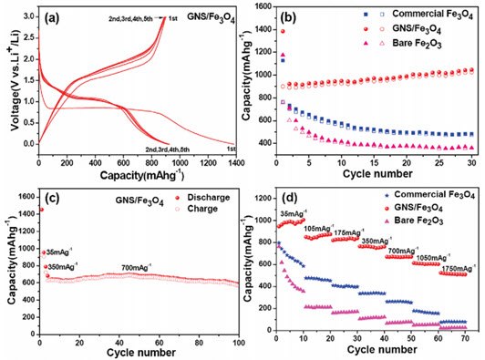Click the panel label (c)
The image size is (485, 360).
[52, 197]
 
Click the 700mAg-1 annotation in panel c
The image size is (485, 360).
[139, 268]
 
